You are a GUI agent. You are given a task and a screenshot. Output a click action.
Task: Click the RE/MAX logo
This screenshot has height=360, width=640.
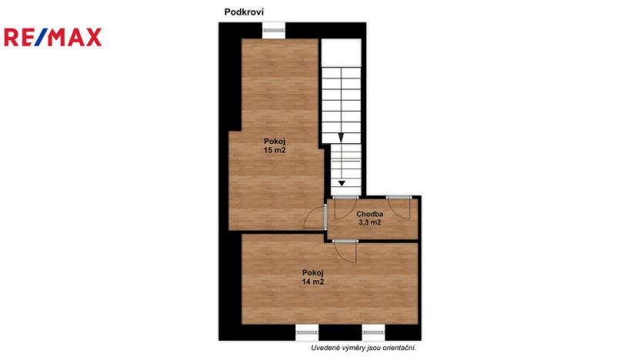coord(53,37)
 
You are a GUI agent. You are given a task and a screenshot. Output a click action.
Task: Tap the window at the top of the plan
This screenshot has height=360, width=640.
coord(273,31)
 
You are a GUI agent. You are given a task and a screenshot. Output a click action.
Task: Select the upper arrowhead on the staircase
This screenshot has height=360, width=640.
coord(340,136)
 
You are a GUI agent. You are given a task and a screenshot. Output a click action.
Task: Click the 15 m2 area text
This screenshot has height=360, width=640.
coord(275,151)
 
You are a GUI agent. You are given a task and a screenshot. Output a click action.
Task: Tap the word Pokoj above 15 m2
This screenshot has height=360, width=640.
coord(275,141)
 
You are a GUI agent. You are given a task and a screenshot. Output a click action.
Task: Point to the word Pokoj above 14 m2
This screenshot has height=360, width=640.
coord(313,272)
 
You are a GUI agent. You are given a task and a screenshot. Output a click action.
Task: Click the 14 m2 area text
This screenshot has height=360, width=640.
coord(313,282)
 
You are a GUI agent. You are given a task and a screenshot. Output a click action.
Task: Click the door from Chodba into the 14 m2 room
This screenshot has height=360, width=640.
coord(346,251)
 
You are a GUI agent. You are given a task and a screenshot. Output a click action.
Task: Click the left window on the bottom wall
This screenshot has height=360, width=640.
coord(307,333)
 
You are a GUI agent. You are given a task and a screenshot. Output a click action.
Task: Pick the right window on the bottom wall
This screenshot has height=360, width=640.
coord(373,333)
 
